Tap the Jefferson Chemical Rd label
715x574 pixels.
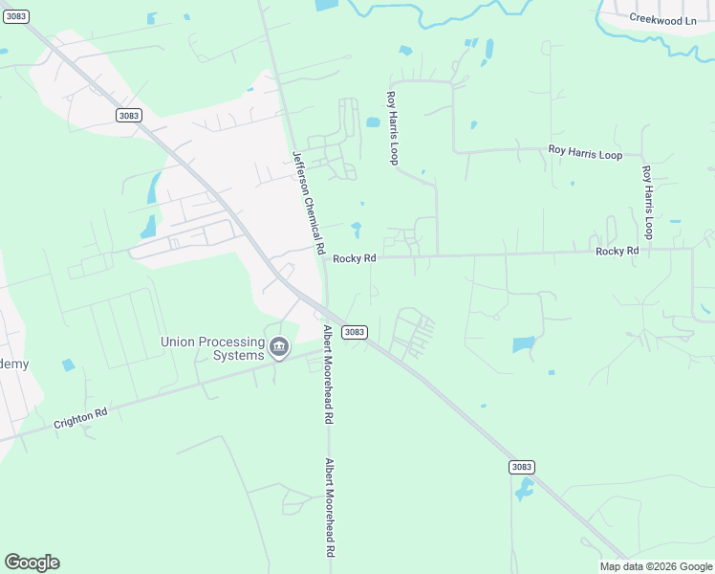click(x=308, y=202)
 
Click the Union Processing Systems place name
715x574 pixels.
click(x=212, y=348)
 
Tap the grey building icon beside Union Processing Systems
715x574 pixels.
click(x=279, y=346)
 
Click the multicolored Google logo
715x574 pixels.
click(x=32, y=563)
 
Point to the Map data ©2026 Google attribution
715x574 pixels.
click(x=657, y=566)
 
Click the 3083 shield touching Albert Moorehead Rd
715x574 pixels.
click(x=354, y=332)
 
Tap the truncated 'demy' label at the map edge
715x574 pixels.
click(x=13, y=364)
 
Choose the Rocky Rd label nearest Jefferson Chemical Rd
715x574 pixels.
click(x=354, y=258)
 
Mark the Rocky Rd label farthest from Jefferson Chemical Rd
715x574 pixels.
click(x=617, y=251)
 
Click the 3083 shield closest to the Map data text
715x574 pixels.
click(x=521, y=467)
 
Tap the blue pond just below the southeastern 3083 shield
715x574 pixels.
click(x=523, y=491)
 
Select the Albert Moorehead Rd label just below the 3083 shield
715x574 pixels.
click(x=328, y=374)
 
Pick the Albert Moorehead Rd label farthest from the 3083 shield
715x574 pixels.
click(x=329, y=508)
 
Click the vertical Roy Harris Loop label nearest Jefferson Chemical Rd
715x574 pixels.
click(x=391, y=127)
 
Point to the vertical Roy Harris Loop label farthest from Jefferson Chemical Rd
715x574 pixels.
click(x=647, y=202)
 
